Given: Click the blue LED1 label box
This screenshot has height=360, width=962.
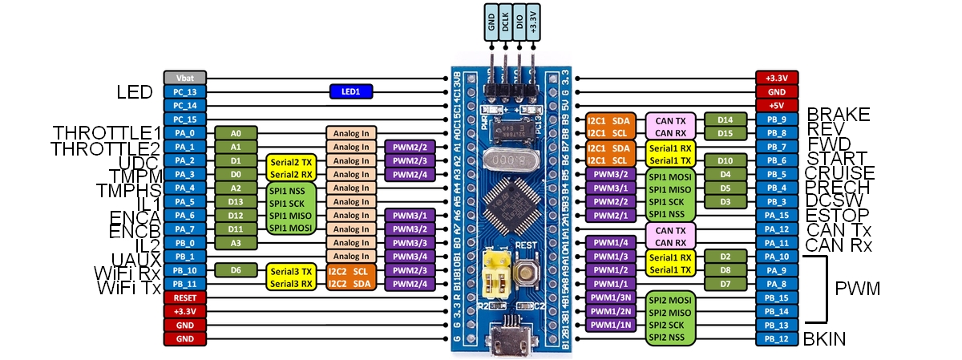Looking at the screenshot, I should click(x=351, y=92).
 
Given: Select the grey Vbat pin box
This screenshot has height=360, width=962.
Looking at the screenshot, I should click(x=185, y=78).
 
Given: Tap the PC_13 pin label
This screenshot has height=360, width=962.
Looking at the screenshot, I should click(x=185, y=92).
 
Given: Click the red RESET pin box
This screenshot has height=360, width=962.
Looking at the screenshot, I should click(x=185, y=297).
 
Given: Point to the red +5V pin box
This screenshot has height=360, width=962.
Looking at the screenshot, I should click(x=777, y=105).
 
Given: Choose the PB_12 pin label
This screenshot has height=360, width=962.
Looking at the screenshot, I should click(x=777, y=339).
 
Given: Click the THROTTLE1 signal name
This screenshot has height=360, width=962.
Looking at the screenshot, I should click(x=107, y=133).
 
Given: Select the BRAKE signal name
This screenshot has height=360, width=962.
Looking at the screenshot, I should click(x=838, y=115).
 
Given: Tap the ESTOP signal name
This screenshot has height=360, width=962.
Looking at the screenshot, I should click(x=838, y=215).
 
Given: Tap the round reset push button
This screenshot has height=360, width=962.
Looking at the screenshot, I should click(x=527, y=273).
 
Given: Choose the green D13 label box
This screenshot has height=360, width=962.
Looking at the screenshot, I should click(x=236, y=201).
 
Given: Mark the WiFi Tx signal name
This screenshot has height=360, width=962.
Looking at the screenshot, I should click(x=129, y=288).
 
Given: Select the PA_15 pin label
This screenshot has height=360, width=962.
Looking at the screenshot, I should click(x=777, y=215).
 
